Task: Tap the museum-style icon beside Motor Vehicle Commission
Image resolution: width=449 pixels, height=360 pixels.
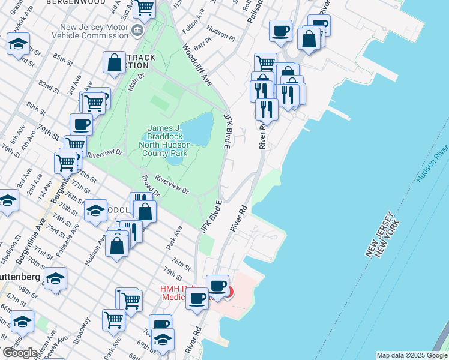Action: (138, 30)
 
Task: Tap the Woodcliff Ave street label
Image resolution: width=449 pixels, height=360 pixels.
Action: (198, 65)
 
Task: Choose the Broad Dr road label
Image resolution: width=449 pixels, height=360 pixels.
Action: (151, 186)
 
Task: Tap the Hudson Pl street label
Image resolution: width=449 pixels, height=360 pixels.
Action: (220, 29)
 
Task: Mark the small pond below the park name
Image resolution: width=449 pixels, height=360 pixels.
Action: (175, 160)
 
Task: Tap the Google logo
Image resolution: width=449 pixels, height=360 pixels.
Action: (19, 353)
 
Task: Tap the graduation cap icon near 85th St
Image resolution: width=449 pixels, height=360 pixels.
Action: (19, 44)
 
